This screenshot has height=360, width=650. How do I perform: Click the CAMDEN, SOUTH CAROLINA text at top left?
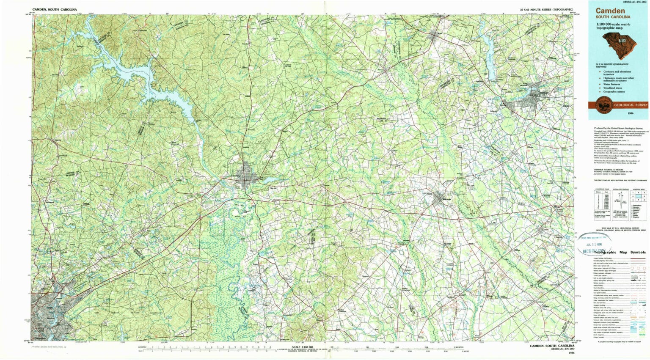(54, 9)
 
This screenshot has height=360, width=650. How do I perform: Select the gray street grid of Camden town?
(246, 180)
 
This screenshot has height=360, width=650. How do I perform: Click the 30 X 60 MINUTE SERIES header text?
(546, 9)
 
